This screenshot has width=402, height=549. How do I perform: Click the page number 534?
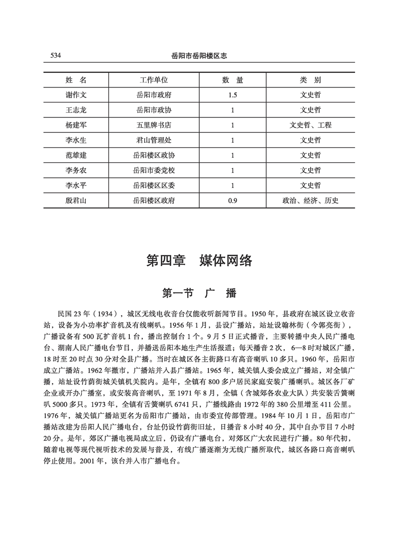[55, 56]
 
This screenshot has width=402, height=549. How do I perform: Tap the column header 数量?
[232, 80]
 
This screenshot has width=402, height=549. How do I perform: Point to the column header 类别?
[310, 80]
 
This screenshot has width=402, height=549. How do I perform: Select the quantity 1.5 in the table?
[232, 95]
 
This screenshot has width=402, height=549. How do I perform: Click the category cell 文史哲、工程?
[310, 125]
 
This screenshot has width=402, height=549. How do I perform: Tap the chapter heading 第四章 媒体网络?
[199, 260]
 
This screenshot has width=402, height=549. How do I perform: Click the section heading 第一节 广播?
[199, 293]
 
